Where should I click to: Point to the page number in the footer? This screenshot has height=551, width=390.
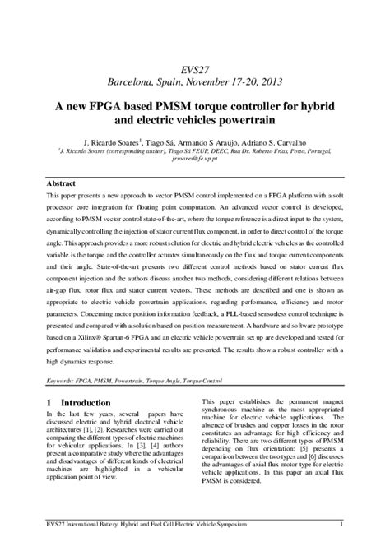(x=341, y=523)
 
